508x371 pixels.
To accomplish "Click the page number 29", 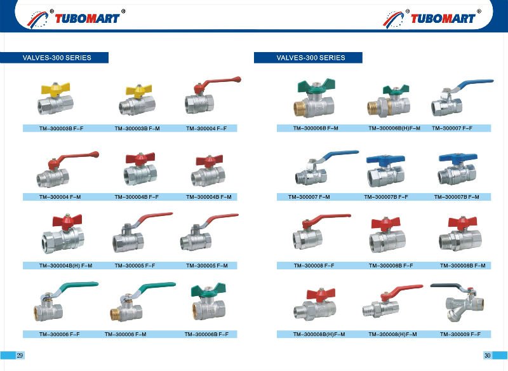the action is [x=20, y=355].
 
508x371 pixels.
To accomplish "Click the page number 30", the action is [x=487, y=355].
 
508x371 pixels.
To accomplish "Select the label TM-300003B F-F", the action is [x=61, y=128].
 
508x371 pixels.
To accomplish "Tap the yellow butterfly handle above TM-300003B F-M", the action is [x=138, y=90].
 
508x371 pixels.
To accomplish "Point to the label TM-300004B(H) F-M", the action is [x=66, y=266].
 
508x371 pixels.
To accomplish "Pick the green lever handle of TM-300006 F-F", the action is [x=77, y=286].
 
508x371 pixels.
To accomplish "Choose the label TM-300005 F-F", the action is [x=135, y=266].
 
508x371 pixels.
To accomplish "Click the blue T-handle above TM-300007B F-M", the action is [x=458, y=158].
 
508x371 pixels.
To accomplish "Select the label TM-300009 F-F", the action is [x=460, y=334].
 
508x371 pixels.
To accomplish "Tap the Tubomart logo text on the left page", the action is [x=87, y=18].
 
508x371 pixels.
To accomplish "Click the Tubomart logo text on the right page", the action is [x=443, y=18].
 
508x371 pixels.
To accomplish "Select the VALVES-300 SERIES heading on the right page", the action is [x=311, y=58].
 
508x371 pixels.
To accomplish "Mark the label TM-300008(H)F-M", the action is [x=392, y=334].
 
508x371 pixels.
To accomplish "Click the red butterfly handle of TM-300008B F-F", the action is [x=386, y=224].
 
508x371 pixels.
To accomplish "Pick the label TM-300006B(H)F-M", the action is [x=394, y=128].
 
